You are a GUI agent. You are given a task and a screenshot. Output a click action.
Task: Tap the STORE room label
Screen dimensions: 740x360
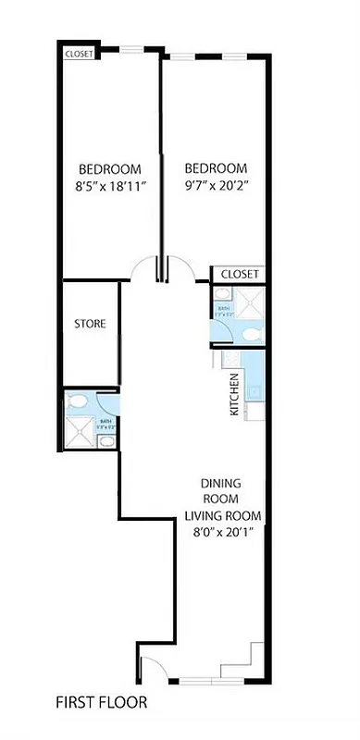[x=90, y=324]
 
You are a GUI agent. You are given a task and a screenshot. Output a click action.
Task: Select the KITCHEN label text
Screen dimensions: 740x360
[x=235, y=393]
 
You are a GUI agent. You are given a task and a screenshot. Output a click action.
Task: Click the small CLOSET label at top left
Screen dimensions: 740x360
[x=79, y=54]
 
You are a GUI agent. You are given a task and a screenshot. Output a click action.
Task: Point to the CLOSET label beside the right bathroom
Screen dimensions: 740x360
[x=239, y=274]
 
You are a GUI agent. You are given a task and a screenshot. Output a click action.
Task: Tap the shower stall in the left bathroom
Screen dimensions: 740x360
[x=80, y=433]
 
